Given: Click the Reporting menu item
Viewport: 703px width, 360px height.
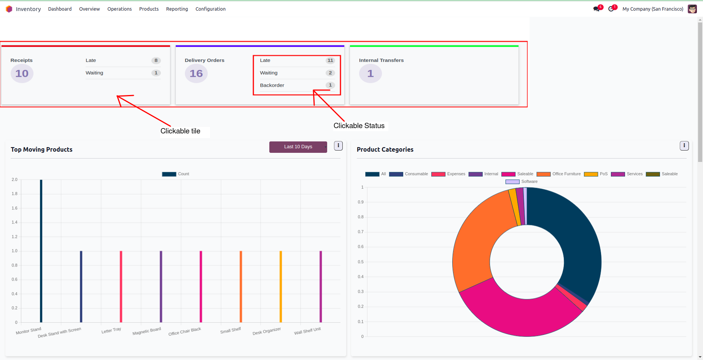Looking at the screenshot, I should [177, 9].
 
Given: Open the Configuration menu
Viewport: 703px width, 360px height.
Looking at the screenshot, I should [210, 9].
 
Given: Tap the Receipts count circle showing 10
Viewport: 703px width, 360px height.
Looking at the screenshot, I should [22, 73].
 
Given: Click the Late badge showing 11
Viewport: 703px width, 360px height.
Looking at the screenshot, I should [330, 60].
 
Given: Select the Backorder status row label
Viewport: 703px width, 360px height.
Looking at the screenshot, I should [272, 85].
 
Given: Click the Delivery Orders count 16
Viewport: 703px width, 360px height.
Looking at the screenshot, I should [196, 73].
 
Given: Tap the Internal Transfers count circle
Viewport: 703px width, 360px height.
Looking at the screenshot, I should [370, 73].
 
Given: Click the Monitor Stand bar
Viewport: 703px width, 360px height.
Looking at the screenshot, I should [41, 251].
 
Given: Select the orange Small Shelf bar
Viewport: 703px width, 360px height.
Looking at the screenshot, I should [241, 287].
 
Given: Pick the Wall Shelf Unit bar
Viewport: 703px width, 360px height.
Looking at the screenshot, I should [321, 287].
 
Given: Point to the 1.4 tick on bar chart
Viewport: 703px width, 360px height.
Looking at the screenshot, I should [14, 222].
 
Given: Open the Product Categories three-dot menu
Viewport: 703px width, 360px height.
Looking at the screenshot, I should [684, 146].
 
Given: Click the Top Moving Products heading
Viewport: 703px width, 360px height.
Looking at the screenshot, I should [41, 149].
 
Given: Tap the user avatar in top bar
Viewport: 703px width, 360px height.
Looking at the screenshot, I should [692, 9].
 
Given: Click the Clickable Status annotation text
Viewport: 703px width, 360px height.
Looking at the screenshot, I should [359, 126].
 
